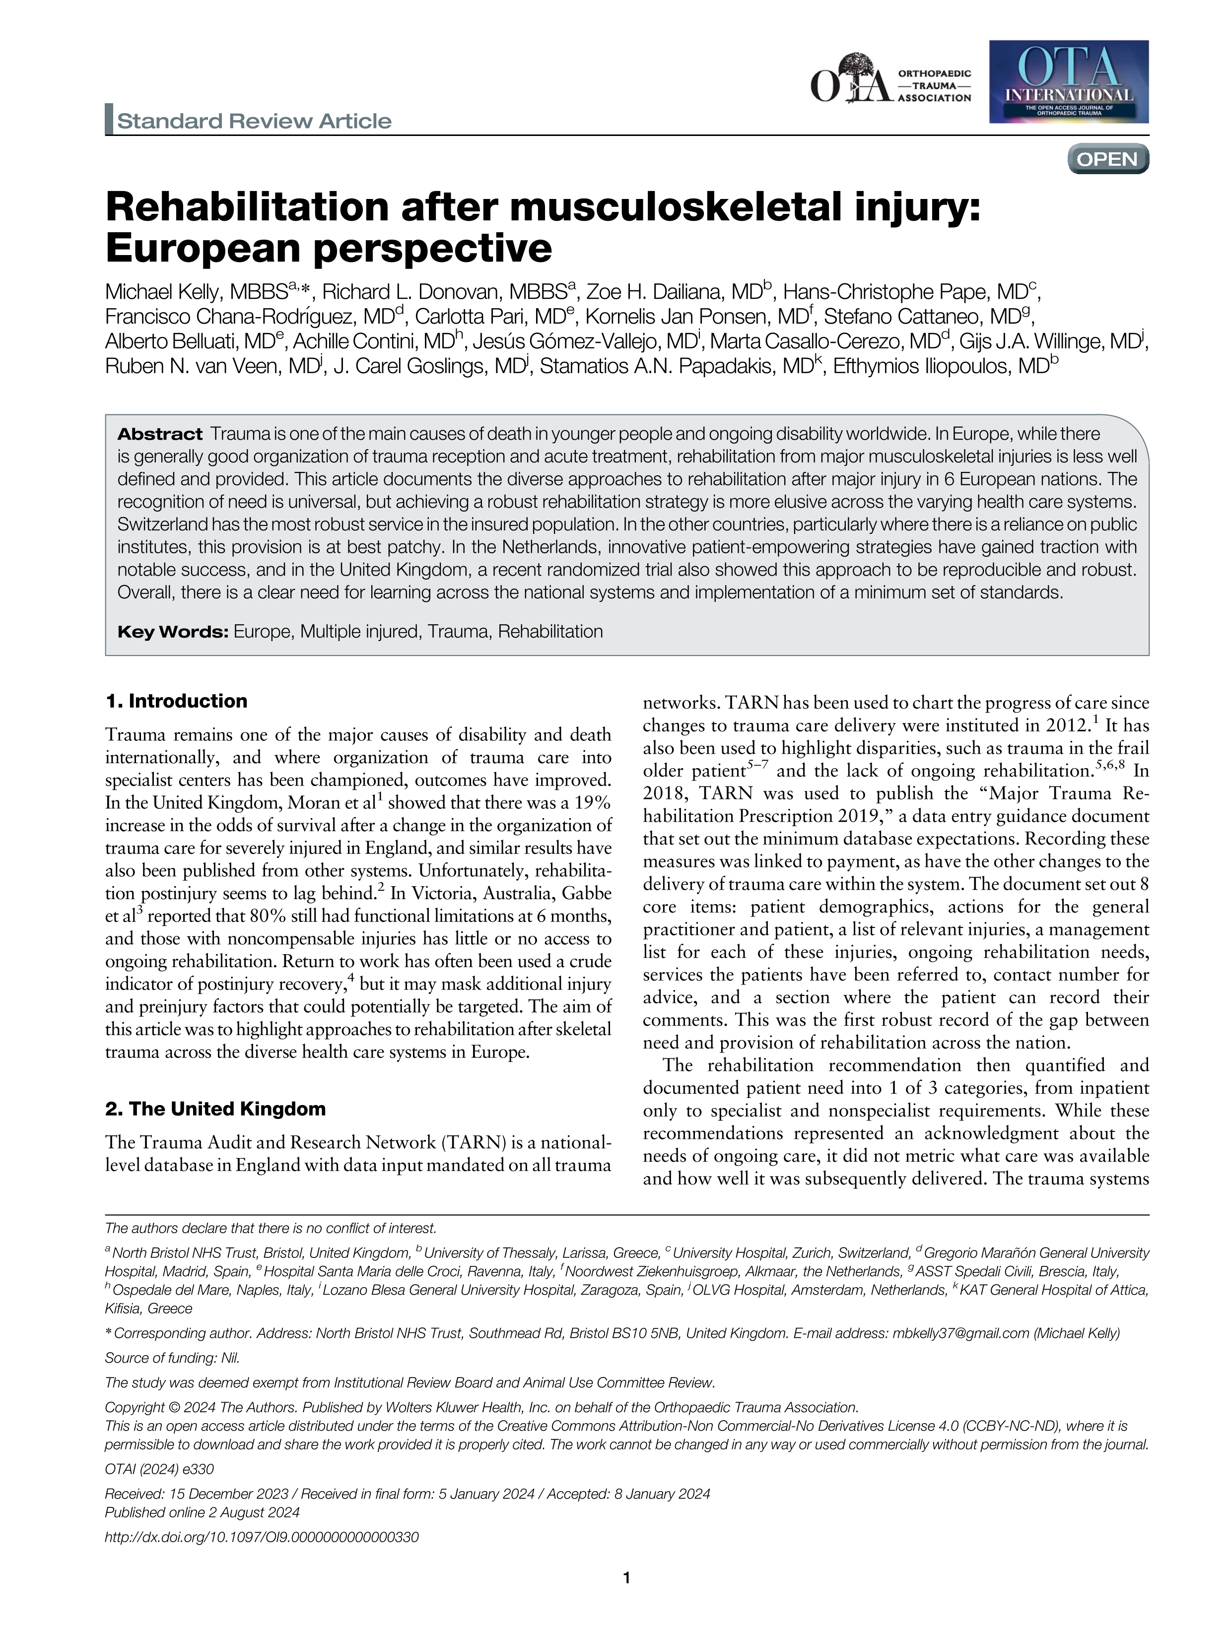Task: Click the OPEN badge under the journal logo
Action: point(1107,159)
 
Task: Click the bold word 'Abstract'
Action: point(160,434)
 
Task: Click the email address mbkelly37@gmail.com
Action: point(960,1333)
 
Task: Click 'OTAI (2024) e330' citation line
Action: point(159,1469)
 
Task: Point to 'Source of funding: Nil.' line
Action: point(172,1357)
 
